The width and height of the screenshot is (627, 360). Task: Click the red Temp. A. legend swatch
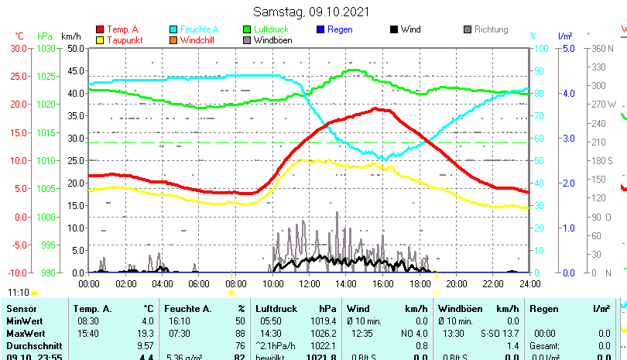point(101,29)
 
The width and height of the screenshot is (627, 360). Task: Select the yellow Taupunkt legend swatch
point(101,39)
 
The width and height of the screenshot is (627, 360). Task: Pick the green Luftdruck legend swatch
point(247,29)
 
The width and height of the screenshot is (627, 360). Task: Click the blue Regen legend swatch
point(320,29)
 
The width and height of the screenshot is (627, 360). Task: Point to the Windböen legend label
point(272,39)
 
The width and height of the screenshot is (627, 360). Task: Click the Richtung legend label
point(491,29)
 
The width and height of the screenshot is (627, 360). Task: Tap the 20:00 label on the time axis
point(456,283)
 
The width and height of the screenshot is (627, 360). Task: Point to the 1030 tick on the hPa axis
point(46,48)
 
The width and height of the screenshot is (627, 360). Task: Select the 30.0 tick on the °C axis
point(19,48)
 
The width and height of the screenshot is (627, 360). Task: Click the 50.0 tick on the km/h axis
point(75,48)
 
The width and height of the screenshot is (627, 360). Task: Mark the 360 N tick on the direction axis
point(602,48)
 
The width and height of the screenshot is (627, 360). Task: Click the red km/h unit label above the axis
point(70,36)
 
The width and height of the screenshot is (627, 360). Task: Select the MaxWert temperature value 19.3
point(146,333)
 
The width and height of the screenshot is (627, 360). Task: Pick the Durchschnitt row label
point(33,345)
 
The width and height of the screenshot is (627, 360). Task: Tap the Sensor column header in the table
point(22,309)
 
